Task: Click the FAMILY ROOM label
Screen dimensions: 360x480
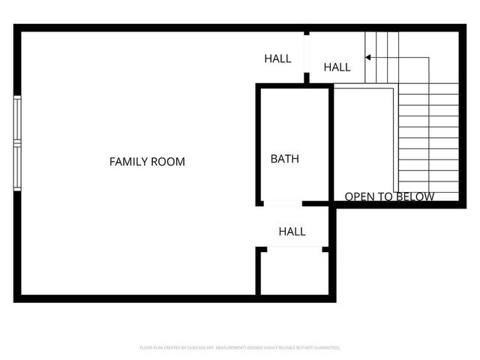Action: (147, 161)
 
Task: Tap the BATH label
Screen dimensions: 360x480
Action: (284, 159)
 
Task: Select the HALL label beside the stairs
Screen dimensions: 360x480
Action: (337, 67)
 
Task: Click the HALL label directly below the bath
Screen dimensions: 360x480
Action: (292, 232)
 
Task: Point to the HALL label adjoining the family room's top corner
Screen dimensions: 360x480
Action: (277, 58)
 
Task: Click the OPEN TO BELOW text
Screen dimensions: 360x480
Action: (389, 197)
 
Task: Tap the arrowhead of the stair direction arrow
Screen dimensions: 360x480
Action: (367, 57)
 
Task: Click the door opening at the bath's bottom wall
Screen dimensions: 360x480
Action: (283, 203)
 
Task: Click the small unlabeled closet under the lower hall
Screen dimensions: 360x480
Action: (293, 272)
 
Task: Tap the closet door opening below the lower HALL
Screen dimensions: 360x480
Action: (294, 249)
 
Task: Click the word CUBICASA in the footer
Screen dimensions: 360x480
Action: (192, 348)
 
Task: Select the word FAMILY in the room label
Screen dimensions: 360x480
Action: (128, 161)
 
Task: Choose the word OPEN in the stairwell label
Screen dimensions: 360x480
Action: (358, 197)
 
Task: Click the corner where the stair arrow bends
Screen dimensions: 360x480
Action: (428, 57)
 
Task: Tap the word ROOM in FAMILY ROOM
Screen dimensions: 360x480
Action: (167, 161)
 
